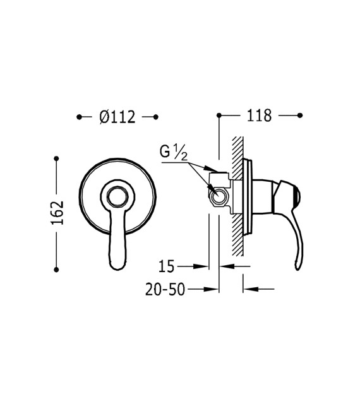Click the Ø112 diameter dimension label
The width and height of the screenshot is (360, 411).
(117, 117)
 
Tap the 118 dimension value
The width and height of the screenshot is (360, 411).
(259, 116)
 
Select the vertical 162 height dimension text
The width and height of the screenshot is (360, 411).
(57, 213)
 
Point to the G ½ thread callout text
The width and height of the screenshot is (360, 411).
(174, 152)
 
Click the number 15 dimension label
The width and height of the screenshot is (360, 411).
(167, 266)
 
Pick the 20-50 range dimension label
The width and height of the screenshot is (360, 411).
(165, 289)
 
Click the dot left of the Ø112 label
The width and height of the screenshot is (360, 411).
(79, 117)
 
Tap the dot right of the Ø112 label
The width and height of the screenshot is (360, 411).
(155, 117)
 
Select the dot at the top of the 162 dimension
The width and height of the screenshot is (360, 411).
(56, 158)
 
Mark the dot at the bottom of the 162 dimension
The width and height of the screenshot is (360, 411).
(56, 269)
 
